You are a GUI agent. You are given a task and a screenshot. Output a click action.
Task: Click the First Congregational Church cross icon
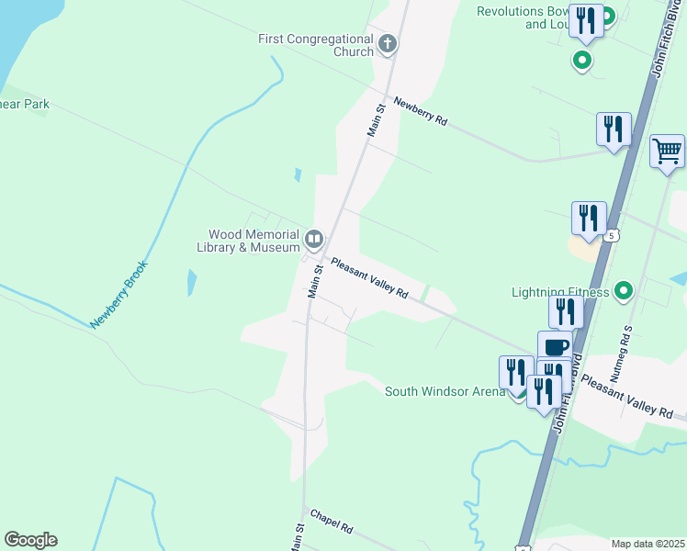coord(388,42)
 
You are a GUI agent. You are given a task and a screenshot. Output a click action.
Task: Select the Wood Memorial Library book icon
coord(314,241)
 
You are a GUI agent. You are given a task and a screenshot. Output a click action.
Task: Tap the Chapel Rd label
coord(332,523)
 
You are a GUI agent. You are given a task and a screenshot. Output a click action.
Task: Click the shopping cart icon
coord(667,151)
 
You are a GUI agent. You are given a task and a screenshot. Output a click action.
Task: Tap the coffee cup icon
coord(555,347)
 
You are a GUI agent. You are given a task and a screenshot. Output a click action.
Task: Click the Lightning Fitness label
coord(560,293)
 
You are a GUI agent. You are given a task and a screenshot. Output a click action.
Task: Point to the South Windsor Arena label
coord(445,392)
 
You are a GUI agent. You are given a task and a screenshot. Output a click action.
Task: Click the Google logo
coord(30,540)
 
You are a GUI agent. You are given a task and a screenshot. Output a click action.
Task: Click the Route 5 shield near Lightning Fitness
coord(613,236)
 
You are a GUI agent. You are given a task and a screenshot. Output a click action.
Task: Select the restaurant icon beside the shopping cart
coord(613,129)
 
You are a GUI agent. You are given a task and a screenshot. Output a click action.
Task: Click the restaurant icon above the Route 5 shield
coord(589,218)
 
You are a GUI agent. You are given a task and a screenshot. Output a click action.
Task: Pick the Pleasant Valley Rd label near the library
coord(369,277)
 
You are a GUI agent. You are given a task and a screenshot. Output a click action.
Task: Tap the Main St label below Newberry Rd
coord(377,121)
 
